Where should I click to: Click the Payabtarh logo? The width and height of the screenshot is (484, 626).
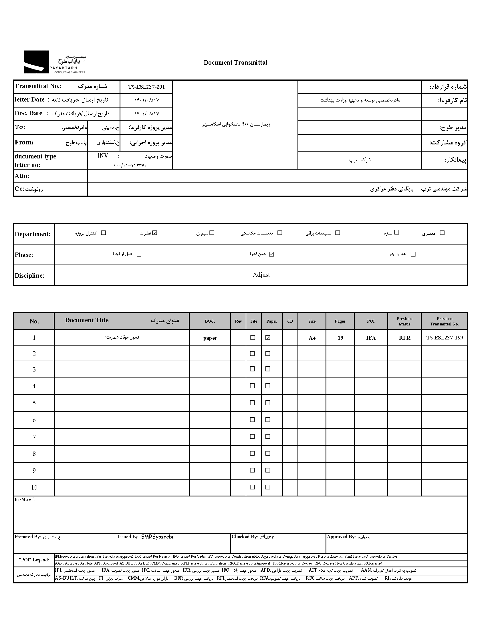[54, 62]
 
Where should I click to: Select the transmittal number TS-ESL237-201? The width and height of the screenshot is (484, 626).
[146, 87]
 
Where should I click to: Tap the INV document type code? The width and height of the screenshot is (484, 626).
[103, 156]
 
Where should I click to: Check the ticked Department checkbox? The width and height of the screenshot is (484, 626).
[155, 233]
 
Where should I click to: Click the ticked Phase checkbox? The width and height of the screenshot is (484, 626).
[271, 254]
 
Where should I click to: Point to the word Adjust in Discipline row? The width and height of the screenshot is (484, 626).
[261, 275]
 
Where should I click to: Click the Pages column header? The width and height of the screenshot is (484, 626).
[340, 321]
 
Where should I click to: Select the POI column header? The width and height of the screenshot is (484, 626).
[371, 321]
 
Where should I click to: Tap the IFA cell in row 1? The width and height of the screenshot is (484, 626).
[371, 338]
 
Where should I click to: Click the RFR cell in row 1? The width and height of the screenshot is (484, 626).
[404, 338]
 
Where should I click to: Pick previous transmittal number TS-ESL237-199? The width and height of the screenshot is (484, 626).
[445, 338]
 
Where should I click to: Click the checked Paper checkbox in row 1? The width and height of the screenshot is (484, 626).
[268, 338]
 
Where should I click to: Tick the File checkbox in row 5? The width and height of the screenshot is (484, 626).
[252, 403]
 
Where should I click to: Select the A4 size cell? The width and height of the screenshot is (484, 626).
[312, 338]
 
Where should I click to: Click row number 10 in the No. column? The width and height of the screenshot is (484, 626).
[34, 488]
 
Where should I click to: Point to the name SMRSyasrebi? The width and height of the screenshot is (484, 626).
[157, 537]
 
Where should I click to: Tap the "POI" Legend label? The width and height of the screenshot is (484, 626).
[34, 560]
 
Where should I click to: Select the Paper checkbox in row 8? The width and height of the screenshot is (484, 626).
[268, 454]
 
